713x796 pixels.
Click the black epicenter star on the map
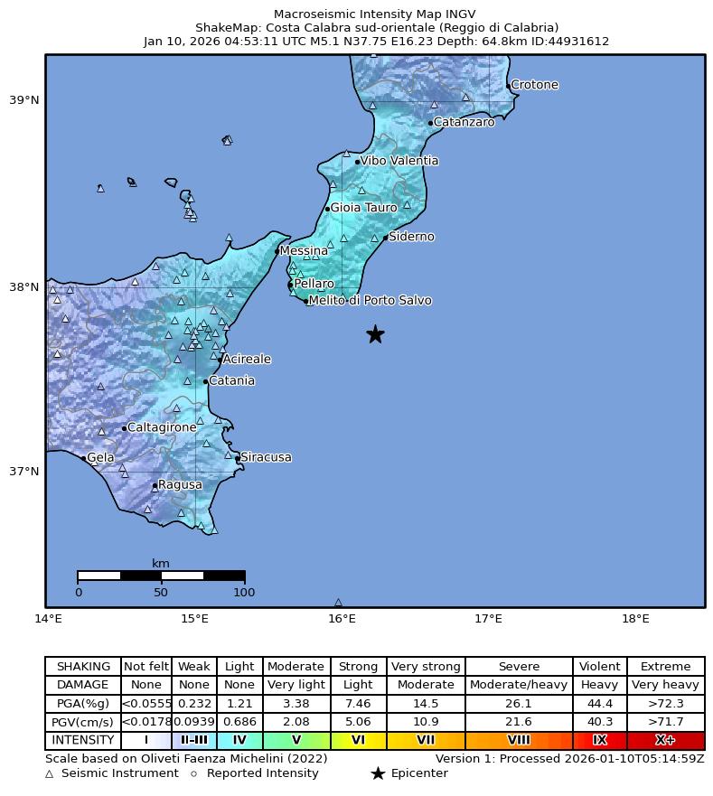(375, 334)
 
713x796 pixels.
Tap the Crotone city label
(534, 85)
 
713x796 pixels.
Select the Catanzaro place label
(464, 122)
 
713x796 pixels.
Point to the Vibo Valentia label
(399, 161)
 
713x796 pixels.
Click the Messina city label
(304, 250)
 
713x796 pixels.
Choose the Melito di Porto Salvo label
(370, 300)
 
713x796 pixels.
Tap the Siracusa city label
(266, 457)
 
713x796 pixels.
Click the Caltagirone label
(162, 427)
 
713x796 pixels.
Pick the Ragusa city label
(180, 485)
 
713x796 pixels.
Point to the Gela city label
(100, 458)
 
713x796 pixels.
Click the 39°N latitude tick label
(24, 99)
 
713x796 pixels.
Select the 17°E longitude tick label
(488, 619)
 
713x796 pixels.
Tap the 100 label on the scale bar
(244, 593)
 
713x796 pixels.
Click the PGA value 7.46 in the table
(358, 703)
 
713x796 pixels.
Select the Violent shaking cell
(599, 667)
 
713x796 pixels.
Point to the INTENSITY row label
(82, 740)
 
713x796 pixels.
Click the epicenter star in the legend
(378, 773)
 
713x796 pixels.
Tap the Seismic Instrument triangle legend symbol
(50, 774)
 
